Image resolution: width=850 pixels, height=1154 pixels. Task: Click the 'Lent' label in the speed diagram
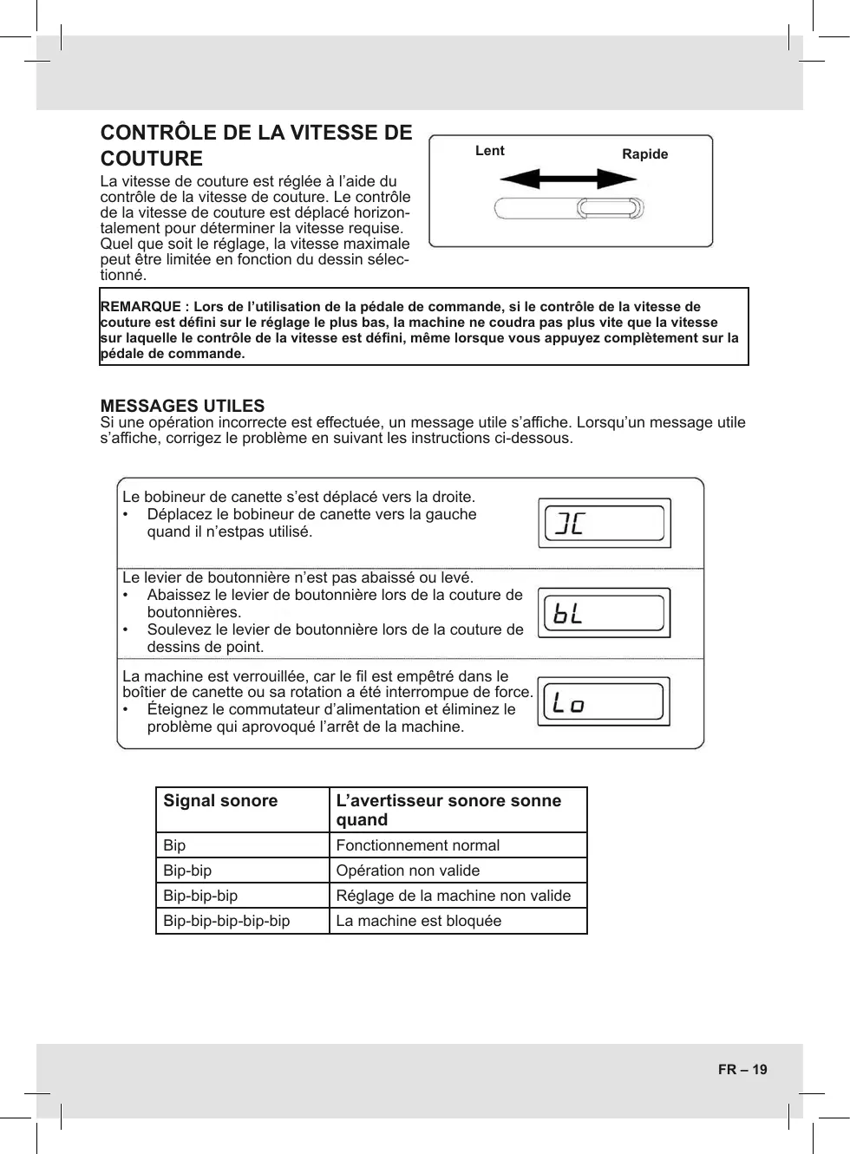point(489,151)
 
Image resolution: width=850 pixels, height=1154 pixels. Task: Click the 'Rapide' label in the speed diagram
point(644,154)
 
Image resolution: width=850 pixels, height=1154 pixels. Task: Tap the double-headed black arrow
point(568,179)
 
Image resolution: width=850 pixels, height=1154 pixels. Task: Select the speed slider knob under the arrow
point(611,208)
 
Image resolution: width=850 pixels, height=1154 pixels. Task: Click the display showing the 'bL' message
point(604,613)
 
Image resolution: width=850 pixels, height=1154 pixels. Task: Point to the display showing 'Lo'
point(604,701)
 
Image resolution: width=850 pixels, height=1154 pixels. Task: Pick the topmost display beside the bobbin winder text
point(604,523)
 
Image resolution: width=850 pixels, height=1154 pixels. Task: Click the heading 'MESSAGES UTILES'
point(182,406)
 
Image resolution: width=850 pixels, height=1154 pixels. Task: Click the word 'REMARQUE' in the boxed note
point(141,307)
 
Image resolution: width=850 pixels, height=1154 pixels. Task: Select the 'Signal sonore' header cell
point(220,801)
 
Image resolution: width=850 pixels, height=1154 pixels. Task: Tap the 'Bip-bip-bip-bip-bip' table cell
point(226,921)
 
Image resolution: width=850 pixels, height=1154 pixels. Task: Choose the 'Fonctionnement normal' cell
point(417,845)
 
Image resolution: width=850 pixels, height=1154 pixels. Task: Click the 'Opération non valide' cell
point(408,870)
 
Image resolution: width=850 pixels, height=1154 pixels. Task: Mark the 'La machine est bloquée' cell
point(418,921)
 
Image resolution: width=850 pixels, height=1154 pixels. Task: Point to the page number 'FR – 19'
point(742,1070)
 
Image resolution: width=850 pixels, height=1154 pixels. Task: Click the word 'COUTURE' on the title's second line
point(152,159)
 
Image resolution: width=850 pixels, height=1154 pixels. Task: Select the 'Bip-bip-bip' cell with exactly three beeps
point(200,896)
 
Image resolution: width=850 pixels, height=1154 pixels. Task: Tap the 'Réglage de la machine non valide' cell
point(453,896)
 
